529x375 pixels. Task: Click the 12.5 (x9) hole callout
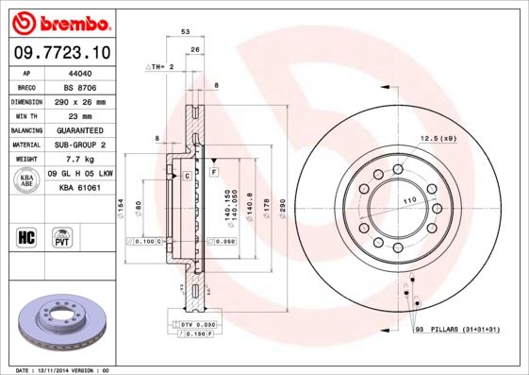pyautogui.click(x=438, y=139)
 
